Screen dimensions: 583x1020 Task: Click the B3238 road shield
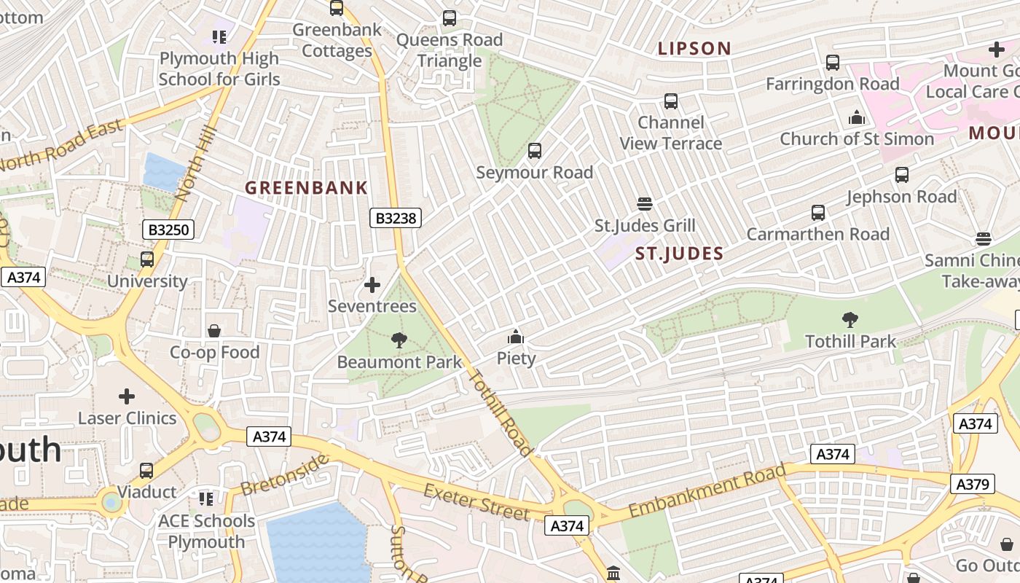click(x=396, y=217)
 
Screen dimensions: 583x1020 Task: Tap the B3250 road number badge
click(x=168, y=230)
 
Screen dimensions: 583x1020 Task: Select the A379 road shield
click(x=972, y=484)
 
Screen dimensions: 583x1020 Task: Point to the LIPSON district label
click(x=694, y=49)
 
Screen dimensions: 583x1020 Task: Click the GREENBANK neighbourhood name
click(x=306, y=188)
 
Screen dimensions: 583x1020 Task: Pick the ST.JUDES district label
click(x=679, y=254)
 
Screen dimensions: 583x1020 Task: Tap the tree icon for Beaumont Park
click(x=399, y=340)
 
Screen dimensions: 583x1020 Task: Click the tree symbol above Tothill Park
click(x=850, y=319)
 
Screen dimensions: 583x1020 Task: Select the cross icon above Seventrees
click(x=372, y=284)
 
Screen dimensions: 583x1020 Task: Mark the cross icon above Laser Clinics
click(x=127, y=396)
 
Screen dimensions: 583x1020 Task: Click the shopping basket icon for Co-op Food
click(x=214, y=331)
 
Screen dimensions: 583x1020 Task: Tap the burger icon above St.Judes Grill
click(x=644, y=203)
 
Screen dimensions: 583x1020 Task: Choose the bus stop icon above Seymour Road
click(x=535, y=151)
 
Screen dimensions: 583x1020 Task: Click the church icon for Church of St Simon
click(x=857, y=117)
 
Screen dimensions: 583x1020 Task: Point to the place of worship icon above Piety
click(x=516, y=337)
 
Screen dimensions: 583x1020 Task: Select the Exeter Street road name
click(x=476, y=501)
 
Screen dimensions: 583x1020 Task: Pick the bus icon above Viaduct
click(x=146, y=471)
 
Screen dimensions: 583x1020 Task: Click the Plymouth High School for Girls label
click(x=219, y=69)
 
